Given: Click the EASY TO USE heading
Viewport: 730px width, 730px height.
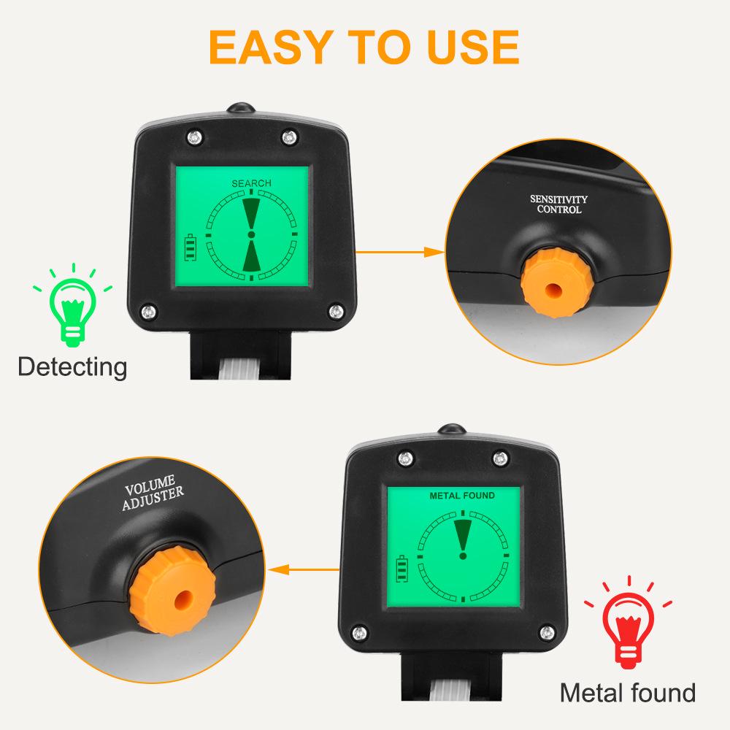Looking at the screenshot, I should click(364, 45).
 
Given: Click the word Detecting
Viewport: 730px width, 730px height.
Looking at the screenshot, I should click(72, 366).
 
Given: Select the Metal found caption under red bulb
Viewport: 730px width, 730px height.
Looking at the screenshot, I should click(627, 691).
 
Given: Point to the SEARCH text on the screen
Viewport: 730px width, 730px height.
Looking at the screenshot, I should click(251, 183).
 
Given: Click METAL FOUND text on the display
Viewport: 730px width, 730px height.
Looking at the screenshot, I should click(461, 496).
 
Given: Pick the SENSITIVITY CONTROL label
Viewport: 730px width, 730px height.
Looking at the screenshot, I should click(558, 204).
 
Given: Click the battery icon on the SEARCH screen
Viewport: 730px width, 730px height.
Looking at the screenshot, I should click(191, 247).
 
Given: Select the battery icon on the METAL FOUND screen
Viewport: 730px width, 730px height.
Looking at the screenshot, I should click(401, 567).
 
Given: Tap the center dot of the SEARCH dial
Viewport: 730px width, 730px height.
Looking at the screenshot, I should click(251, 235).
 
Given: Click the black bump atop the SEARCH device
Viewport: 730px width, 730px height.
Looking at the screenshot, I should click(240, 109).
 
